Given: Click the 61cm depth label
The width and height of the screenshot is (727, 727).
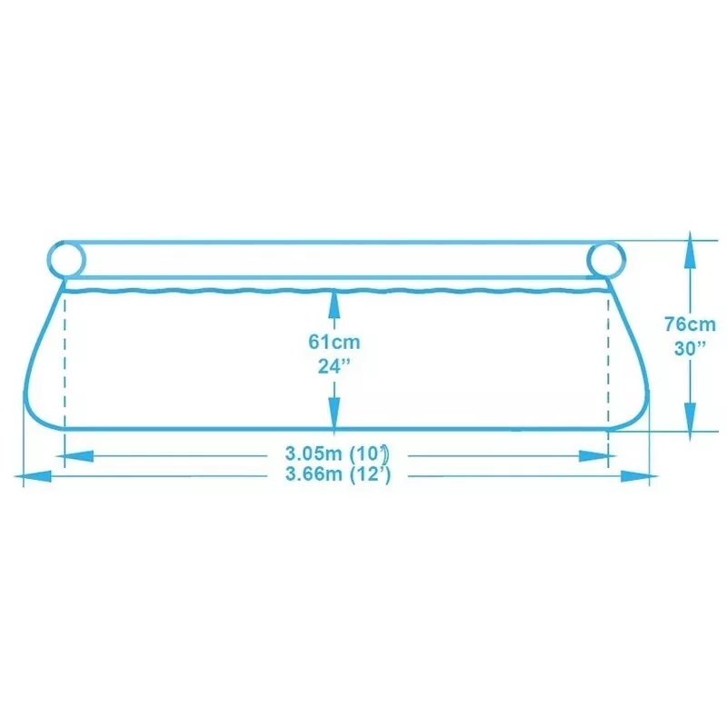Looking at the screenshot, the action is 334,343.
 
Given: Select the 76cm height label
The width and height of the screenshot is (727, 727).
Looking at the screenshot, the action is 690,324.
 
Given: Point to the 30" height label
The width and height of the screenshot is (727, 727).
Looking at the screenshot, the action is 690,348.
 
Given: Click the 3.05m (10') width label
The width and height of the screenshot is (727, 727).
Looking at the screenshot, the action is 337,453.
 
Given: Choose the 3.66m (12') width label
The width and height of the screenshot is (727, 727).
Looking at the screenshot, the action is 338,474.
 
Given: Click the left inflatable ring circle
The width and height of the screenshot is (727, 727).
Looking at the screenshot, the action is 66,242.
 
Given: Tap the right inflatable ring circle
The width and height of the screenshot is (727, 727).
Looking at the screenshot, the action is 606,242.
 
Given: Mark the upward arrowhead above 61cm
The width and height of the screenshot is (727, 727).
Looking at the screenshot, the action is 334,304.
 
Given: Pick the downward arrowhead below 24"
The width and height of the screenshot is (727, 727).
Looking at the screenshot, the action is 334,413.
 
